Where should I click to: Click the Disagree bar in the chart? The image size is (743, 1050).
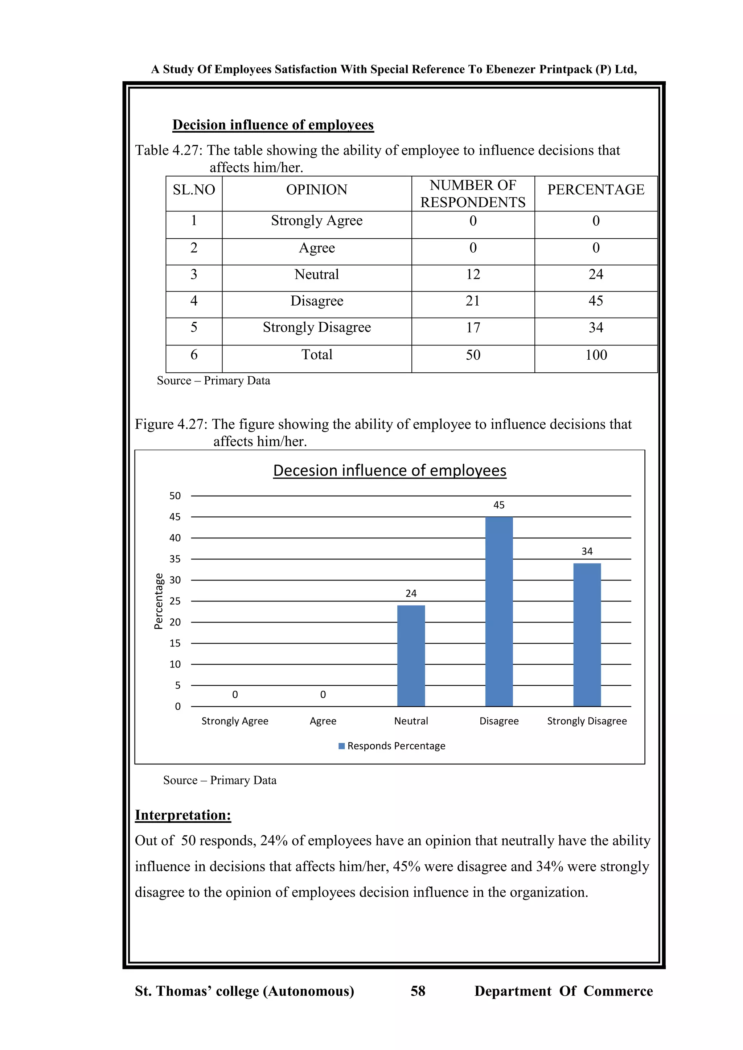[499, 612]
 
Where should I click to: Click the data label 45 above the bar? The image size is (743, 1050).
[499, 505]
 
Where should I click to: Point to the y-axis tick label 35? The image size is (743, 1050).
[175, 559]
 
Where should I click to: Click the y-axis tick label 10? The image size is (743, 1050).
[175, 664]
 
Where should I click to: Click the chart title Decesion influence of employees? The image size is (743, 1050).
[389, 471]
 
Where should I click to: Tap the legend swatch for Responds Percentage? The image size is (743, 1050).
[341, 746]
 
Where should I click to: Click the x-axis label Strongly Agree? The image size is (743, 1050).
[235, 721]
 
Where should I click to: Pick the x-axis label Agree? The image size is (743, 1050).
[323, 721]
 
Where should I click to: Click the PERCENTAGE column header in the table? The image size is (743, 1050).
[596, 189]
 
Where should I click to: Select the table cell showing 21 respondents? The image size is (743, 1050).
[473, 301]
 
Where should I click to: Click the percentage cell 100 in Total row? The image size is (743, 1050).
[596, 355]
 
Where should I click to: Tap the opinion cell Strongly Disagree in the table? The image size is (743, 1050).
[317, 327]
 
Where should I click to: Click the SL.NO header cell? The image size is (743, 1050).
[194, 189]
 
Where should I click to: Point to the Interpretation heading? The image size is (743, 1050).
[183, 815]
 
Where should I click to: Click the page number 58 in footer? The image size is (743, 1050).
[418, 991]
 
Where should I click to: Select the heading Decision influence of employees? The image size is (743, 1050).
[273, 125]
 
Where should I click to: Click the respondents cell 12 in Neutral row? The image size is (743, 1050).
[473, 274]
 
